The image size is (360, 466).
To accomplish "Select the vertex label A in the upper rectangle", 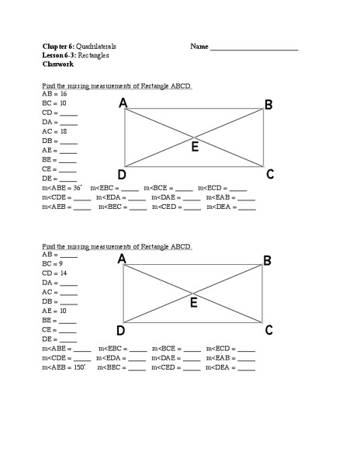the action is (x=123, y=103).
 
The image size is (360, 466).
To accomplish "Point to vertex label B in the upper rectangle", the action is (x=268, y=105).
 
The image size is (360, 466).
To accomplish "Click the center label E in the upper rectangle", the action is (x=195, y=148).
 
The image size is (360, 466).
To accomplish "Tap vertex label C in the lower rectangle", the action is (x=268, y=330).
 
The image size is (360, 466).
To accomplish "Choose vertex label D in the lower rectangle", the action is (x=122, y=331).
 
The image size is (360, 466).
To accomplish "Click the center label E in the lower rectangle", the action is (x=194, y=304).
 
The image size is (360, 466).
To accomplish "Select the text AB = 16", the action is (x=54, y=93).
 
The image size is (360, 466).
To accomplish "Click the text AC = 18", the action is (x=54, y=131).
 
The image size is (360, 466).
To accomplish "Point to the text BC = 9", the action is (x=53, y=264).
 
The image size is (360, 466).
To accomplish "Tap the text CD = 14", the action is (x=54, y=273).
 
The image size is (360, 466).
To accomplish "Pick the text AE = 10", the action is (x=54, y=311).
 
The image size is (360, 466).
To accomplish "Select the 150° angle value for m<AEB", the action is (x=78, y=367).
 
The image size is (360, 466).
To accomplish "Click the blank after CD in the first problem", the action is (x=68, y=113).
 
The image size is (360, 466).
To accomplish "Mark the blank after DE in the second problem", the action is (x=67, y=339).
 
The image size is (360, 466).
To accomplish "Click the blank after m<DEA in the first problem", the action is (x=246, y=207).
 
